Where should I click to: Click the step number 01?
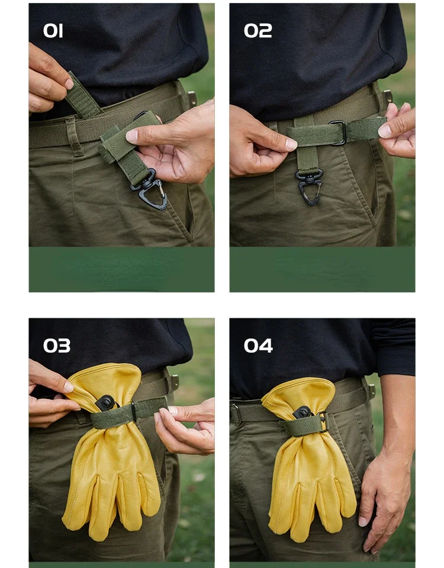[x=53, y=31]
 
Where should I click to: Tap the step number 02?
[x=258, y=31]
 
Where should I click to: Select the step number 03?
[x=57, y=346]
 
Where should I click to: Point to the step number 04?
[x=258, y=346]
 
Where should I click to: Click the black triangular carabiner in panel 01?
[x=149, y=191]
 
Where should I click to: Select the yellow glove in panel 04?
[x=309, y=458]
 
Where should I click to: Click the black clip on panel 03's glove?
[x=105, y=403]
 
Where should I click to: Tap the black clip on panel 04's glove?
[x=301, y=412]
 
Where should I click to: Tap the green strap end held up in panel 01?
[x=82, y=96]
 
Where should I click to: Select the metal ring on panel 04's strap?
[x=323, y=422]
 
